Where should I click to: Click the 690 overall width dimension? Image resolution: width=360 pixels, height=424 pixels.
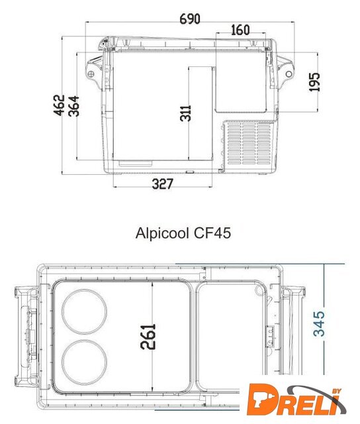pos(190,19)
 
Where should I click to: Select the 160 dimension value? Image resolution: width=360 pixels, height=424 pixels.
pos(240,30)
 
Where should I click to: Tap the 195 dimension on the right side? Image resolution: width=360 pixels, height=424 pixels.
pos(314,82)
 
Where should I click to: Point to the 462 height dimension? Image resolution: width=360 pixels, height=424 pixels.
pos(60,105)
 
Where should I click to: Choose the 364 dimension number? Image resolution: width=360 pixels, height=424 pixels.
pos(73,106)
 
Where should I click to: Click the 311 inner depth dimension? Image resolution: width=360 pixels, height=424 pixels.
pos(185,113)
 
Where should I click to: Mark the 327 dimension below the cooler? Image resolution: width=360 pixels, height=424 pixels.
pos(162,184)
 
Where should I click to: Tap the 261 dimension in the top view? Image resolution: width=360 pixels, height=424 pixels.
pos(148,337)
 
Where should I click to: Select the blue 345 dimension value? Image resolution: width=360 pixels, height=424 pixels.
pos(319,324)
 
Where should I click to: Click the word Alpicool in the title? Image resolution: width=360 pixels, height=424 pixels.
pos(162,233)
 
